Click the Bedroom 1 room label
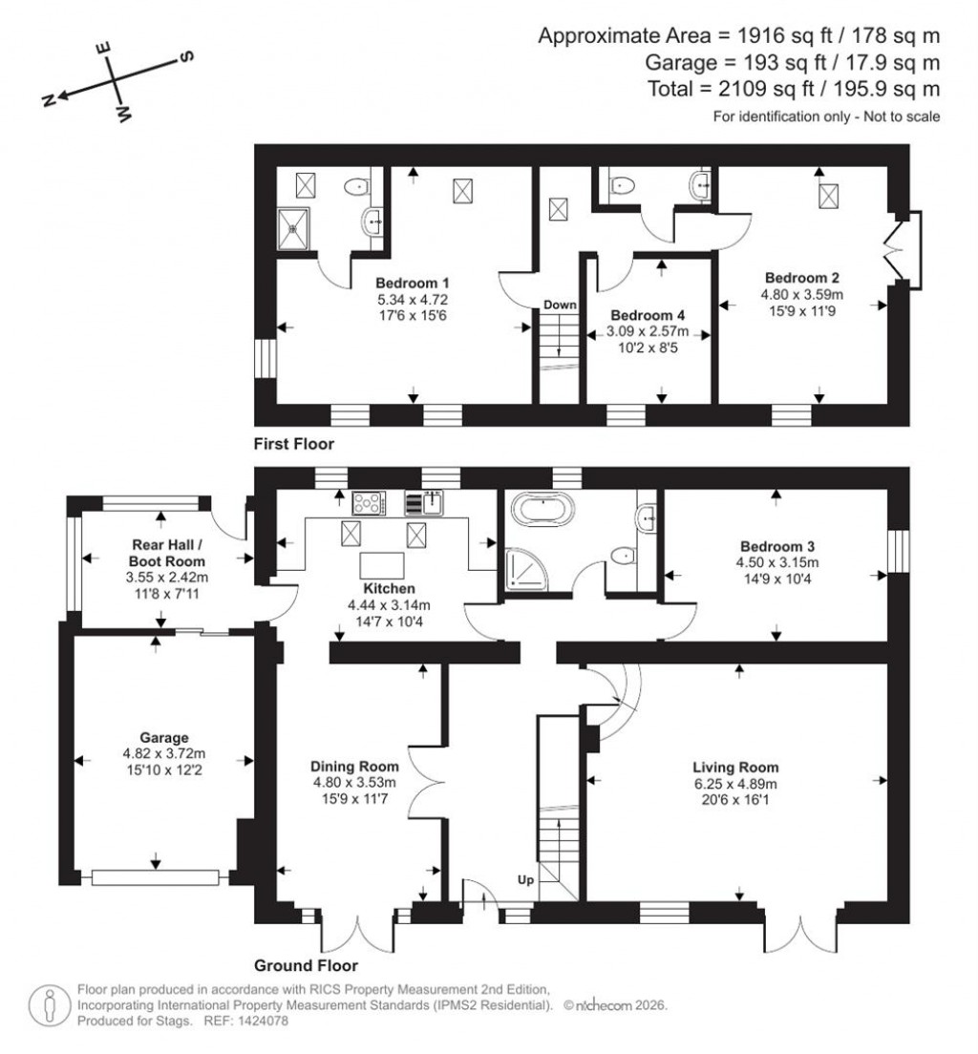pos(412,284)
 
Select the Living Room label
pos(735,767)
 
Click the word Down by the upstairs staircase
pos(561,306)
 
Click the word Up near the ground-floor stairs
pos(525,877)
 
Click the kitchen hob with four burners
pos(367,502)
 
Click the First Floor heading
pos(293,444)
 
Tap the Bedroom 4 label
pos(648,315)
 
